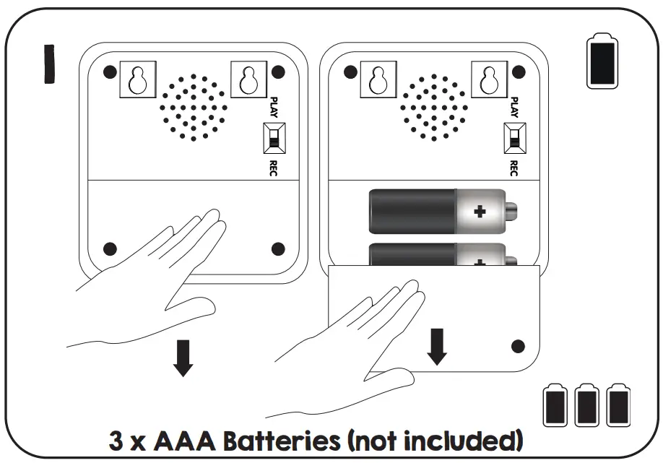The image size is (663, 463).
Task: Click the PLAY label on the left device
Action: pyautogui.click(x=274, y=107)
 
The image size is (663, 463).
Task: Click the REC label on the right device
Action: pyautogui.click(x=513, y=168)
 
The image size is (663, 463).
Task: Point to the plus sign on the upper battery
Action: pyautogui.click(x=479, y=211)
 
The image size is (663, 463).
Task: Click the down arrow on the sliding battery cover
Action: pyautogui.click(x=437, y=347)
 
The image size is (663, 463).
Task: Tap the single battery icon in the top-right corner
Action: pyautogui.click(x=602, y=64)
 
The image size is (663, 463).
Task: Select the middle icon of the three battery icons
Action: pyautogui.click(x=586, y=406)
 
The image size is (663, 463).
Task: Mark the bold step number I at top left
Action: pyautogui.click(x=49, y=64)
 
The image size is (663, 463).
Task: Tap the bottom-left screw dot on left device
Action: pyautogui.click(x=110, y=248)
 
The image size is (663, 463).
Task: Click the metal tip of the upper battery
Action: pyautogui.click(x=511, y=211)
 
